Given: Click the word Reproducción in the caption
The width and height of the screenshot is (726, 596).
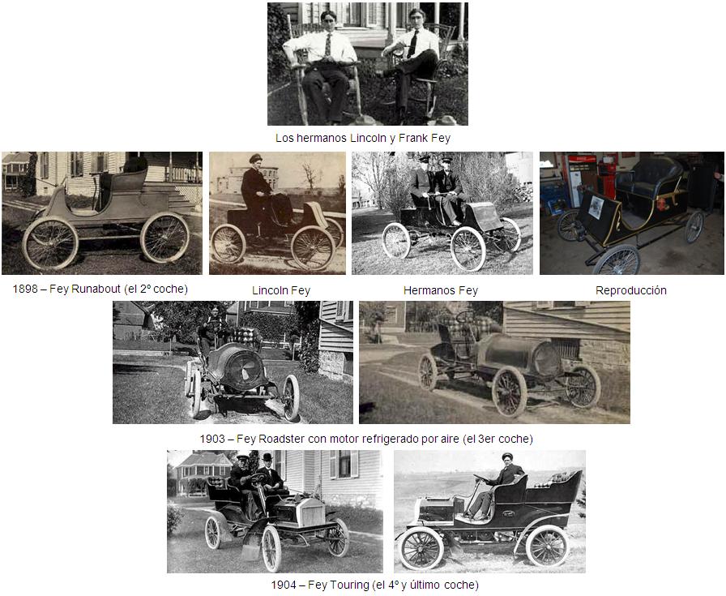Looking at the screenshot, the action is pos(630,290).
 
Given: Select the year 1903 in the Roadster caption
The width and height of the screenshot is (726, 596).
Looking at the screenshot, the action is pos(212,439).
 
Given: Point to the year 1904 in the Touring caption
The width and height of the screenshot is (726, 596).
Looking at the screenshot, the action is pos(284,585).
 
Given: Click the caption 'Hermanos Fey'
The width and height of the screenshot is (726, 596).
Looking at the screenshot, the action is pos(440,290).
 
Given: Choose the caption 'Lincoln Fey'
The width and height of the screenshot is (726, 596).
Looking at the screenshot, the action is pos(281,290).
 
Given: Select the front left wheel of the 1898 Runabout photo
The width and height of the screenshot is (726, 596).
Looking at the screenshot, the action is pos(50,244).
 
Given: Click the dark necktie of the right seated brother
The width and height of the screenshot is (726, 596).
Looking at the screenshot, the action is pos(413,44).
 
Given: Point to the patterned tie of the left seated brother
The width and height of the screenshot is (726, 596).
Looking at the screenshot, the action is pos(328,45).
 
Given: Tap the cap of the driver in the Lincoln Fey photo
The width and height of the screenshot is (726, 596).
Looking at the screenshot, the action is pos(255,158).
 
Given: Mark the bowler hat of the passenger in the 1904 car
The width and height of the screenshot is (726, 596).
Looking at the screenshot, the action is pos(267,457).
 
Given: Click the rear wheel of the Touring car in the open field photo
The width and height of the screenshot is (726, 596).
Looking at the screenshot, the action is pos(547,546).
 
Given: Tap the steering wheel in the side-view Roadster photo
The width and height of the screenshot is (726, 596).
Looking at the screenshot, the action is pos(464,316).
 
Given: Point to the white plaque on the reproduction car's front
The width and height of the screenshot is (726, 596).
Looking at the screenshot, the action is pos(596,208).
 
